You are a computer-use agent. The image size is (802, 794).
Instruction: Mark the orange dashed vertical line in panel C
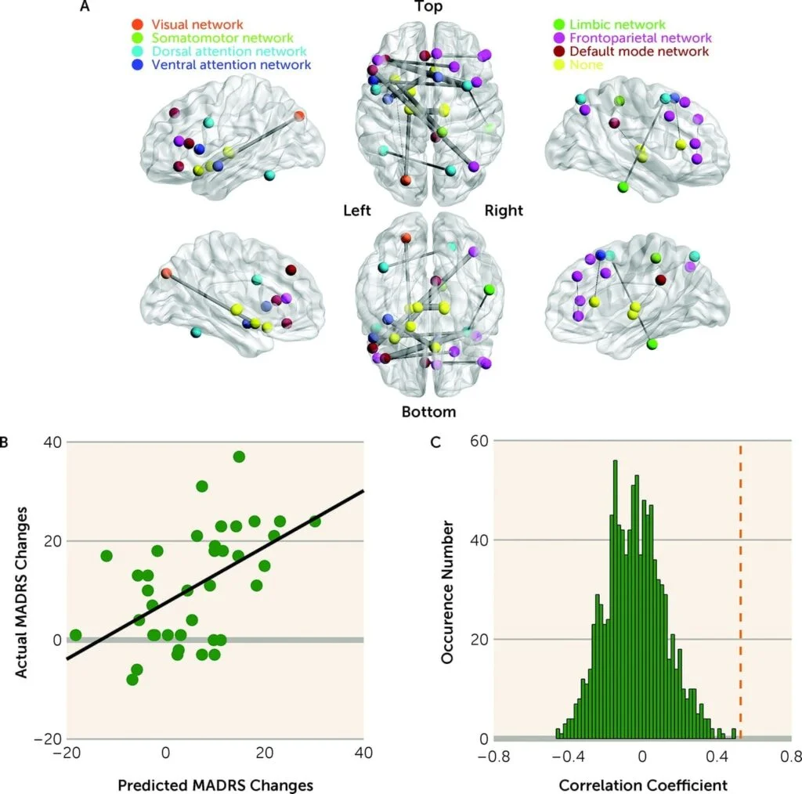pyautogui.click(x=740, y=587)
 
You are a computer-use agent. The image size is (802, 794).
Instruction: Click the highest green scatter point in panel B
pyautogui.click(x=239, y=457)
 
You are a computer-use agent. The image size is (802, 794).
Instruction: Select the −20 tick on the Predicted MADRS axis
pyautogui.click(x=67, y=757)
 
